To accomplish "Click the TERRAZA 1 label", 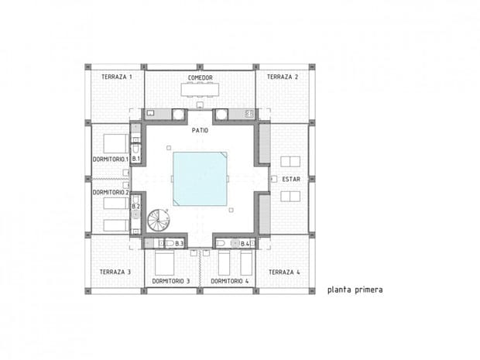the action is pyautogui.click(x=117, y=77).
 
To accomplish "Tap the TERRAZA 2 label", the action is pyautogui.click(x=283, y=77).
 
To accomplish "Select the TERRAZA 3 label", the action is pyautogui.click(x=115, y=272).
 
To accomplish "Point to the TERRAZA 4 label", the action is pyautogui.click(x=284, y=272).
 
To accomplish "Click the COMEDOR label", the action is pyautogui.click(x=201, y=77).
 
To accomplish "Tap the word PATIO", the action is pyautogui.click(x=200, y=130).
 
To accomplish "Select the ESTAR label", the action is pyautogui.click(x=291, y=179).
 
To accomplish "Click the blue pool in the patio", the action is pyautogui.click(x=200, y=179).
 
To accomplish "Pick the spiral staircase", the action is pyautogui.click(x=159, y=220).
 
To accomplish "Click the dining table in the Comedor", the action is pyautogui.click(x=200, y=90).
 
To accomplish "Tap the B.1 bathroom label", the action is pyautogui.click(x=136, y=159).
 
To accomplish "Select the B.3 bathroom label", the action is pyautogui.click(x=179, y=244).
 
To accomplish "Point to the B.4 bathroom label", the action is pyautogui.click(x=245, y=244).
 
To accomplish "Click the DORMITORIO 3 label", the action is pyautogui.click(x=171, y=281).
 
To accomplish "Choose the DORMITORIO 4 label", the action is pyautogui.click(x=230, y=281).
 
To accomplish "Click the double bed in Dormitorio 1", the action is pyautogui.click(x=115, y=143).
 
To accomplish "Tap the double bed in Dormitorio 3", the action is pyautogui.click(x=164, y=263).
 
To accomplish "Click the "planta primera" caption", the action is pyautogui.click(x=355, y=290).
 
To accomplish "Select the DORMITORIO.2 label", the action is pyautogui.click(x=111, y=192).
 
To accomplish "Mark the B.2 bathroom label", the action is pyautogui.click(x=136, y=207).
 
